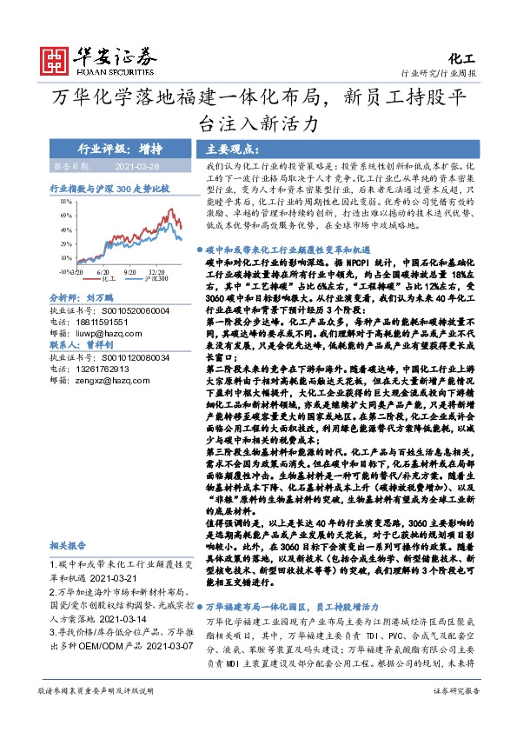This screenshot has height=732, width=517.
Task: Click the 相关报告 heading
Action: [67, 546]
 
